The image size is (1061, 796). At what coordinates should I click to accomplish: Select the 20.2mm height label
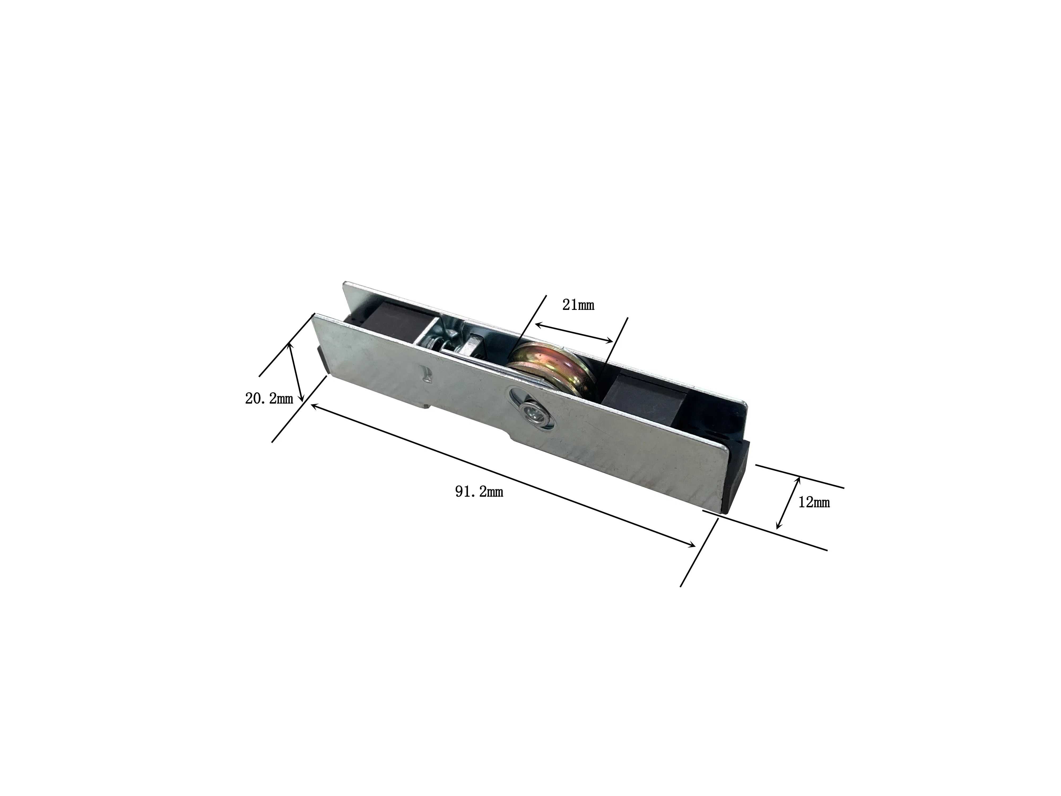(269, 398)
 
